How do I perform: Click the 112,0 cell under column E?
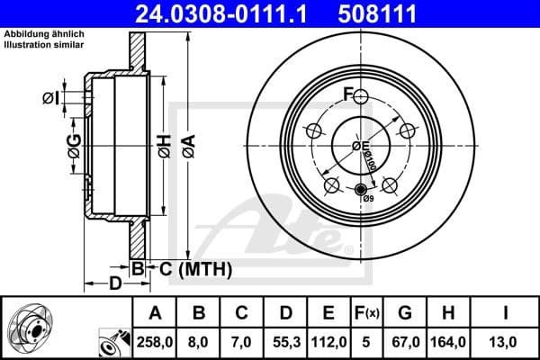tap(328, 343)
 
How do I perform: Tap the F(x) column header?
tap(366, 313)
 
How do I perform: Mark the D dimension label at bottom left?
tap(115, 285)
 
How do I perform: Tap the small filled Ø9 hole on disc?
tap(362, 189)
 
